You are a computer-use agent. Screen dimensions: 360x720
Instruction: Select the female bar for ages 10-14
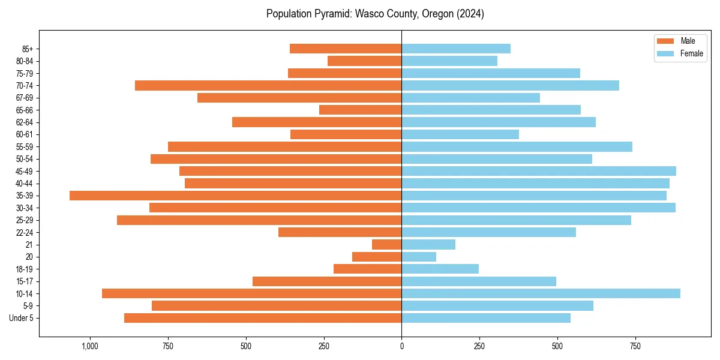click(541, 293)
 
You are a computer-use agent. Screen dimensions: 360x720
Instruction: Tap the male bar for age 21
click(386, 245)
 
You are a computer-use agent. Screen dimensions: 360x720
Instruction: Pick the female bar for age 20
click(419, 257)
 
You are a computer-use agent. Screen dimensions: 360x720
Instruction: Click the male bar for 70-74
click(268, 86)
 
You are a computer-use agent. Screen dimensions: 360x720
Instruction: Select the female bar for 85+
click(456, 49)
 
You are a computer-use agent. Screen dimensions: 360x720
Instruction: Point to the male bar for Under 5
click(263, 318)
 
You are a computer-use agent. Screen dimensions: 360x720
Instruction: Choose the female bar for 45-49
click(539, 171)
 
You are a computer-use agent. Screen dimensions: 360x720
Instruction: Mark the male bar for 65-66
click(360, 110)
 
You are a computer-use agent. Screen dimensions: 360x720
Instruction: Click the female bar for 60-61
click(460, 134)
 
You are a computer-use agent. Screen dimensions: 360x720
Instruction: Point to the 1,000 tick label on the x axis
click(90, 346)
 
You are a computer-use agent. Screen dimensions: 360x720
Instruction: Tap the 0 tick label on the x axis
click(401, 346)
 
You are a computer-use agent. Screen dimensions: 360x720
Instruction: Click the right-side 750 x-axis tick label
click(635, 346)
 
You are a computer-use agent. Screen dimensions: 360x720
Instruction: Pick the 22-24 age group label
click(25, 233)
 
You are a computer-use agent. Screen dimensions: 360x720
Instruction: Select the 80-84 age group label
click(25, 61)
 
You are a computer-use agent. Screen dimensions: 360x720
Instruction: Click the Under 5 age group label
click(22, 318)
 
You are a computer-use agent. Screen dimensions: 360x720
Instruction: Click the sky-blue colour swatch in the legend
click(665, 53)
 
